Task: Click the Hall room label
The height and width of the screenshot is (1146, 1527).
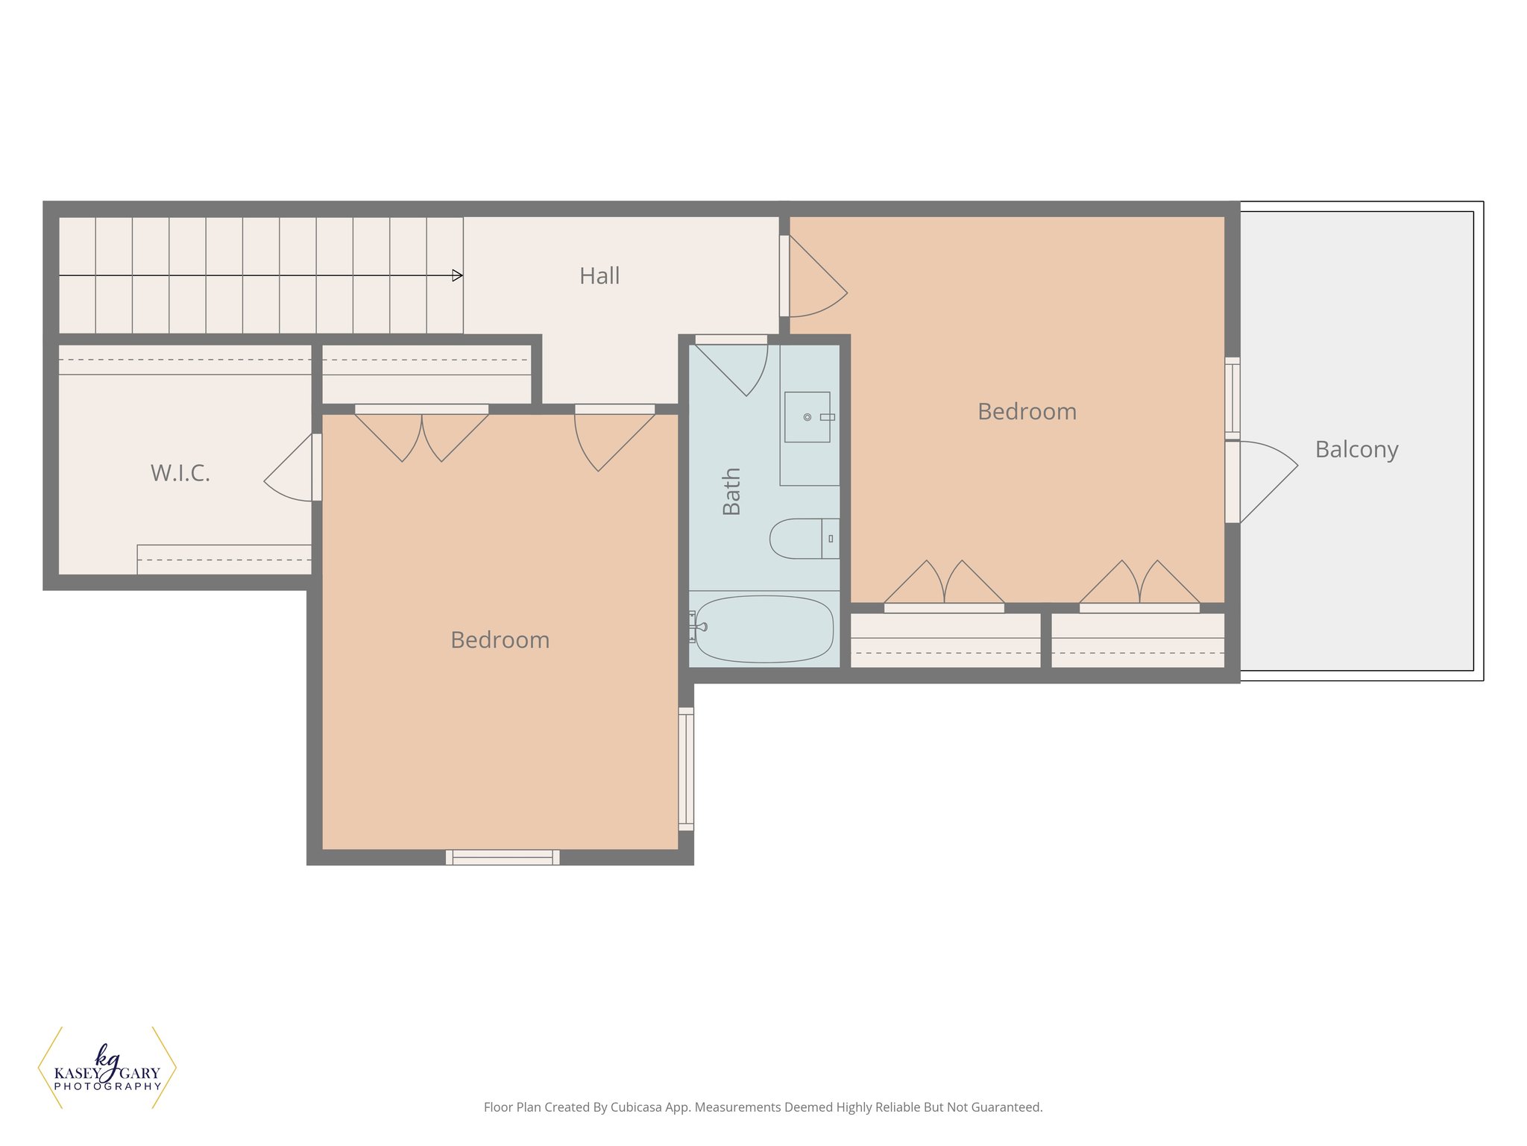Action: click(x=599, y=276)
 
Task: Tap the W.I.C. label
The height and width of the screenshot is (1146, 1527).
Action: click(x=180, y=473)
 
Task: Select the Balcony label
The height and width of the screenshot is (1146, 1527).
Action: click(x=1356, y=449)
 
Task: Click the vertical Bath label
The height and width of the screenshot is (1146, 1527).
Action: click(x=731, y=492)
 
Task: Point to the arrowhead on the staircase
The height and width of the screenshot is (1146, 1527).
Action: click(x=457, y=275)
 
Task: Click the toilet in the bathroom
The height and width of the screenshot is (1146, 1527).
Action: click(x=802, y=539)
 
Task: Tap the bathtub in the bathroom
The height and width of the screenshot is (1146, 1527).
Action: click(x=764, y=629)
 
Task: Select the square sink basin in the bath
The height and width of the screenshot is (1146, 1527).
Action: click(x=807, y=417)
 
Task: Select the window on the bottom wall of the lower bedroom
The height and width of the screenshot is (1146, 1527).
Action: click(x=503, y=857)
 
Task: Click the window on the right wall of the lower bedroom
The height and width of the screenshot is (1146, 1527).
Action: click(x=686, y=769)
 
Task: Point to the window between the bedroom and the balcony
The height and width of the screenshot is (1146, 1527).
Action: click(x=1232, y=398)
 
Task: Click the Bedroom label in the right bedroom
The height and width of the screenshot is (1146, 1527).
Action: click(x=1027, y=412)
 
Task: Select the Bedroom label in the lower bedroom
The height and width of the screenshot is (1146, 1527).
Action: click(x=500, y=640)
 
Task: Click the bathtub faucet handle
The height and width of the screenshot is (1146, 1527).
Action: click(x=699, y=627)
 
